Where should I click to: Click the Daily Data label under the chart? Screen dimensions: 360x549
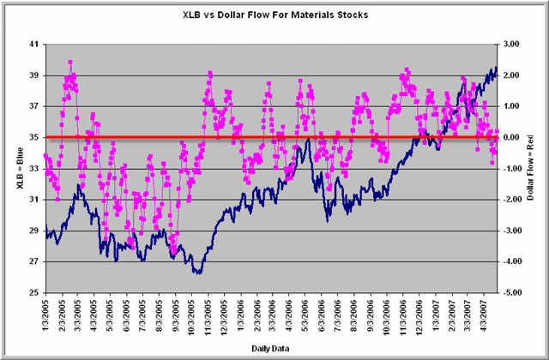274,347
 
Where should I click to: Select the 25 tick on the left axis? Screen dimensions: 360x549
33,292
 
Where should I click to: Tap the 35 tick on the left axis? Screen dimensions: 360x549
33,137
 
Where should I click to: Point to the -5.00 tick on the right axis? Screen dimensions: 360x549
511,292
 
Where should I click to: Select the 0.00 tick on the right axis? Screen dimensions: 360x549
511,137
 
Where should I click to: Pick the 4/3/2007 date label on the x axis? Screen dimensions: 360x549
485,315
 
